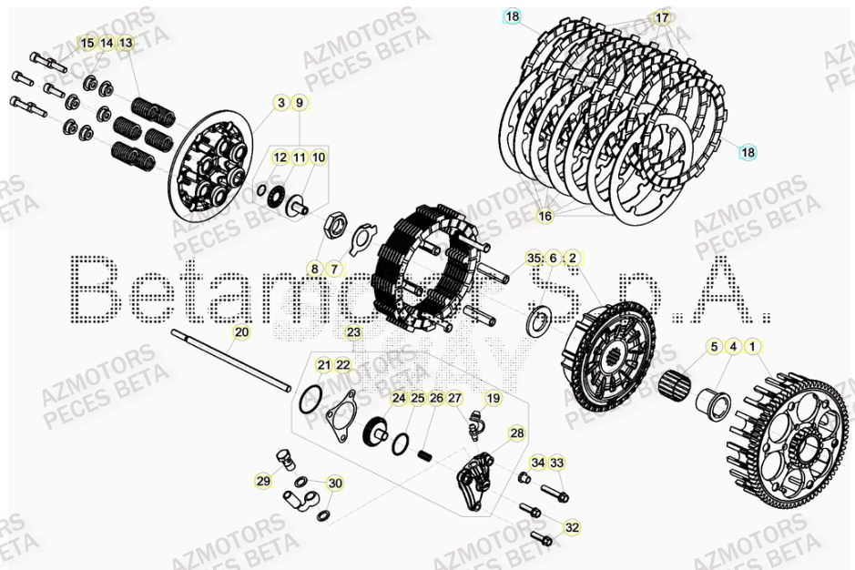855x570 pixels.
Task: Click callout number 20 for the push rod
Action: click(240, 332)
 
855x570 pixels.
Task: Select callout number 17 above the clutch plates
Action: click(661, 17)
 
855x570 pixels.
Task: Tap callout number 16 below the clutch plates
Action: click(545, 216)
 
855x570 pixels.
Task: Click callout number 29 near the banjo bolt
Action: click(263, 482)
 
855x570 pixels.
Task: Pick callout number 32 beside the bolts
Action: click(572, 527)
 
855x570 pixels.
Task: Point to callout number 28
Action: click(517, 433)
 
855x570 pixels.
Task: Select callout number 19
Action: click(493, 398)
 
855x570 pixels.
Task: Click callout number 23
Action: click(353, 332)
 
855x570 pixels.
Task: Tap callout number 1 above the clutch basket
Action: click(752, 346)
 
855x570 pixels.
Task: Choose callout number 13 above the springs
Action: click(126, 43)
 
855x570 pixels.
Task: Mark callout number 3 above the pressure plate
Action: click(280, 102)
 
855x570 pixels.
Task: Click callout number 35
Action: click(534, 259)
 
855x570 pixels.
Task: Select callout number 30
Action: click(335, 483)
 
